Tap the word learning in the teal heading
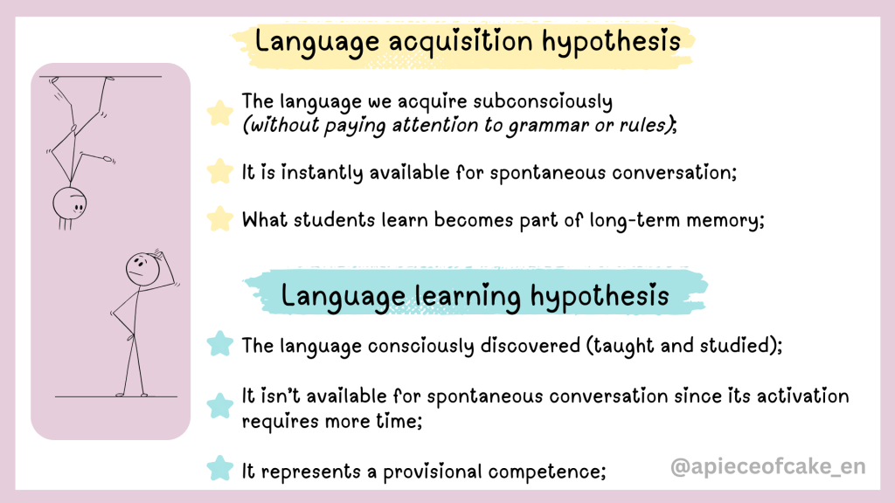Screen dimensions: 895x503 click(468, 296)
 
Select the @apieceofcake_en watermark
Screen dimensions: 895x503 click(767, 467)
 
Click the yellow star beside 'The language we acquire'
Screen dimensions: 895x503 click(219, 113)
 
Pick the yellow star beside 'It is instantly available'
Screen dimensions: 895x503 click(219, 171)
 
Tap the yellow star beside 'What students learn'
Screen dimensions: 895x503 click(219, 218)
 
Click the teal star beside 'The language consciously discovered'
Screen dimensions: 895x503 click(219, 344)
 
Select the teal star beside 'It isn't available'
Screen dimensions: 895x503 click(219, 405)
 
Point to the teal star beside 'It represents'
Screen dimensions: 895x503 click(219, 468)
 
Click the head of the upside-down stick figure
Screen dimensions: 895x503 click(70, 203)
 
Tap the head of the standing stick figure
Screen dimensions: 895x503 click(142, 270)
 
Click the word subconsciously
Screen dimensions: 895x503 click(543, 101)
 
